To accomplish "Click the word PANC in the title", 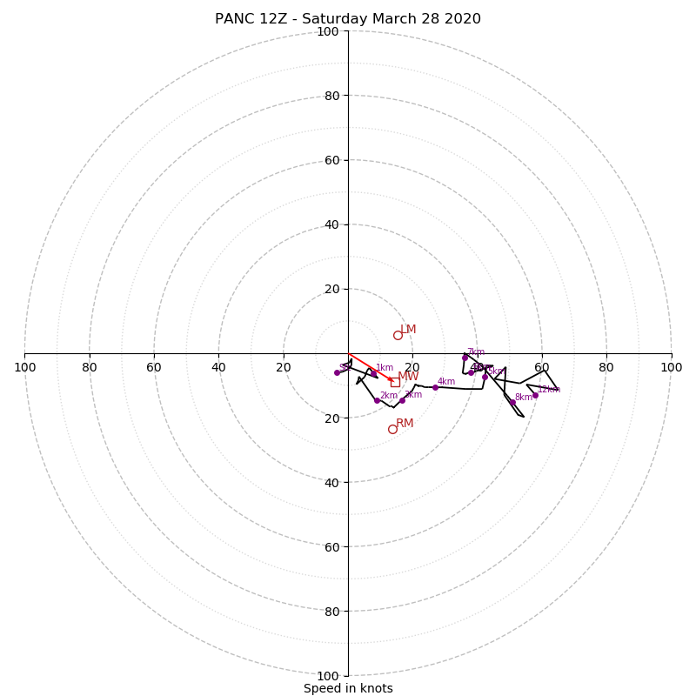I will click(x=235, y=19).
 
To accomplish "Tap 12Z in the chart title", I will click(x=276, y=19).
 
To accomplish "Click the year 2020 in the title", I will click(x=462, y=19).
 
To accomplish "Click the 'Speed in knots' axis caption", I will click(x=348, y=688).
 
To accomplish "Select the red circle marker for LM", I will click(x=398, y=335).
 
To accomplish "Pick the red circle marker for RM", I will click(x=392, y=429).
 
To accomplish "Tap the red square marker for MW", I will click(x=395, y=382).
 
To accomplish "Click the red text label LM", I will click(x=408, y=330).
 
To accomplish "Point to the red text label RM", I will click(x=405, y=424).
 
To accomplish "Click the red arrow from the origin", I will click(x=371, y=368).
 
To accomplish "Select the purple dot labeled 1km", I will click(x=373, y=374).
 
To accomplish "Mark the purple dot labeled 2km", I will click(x=377, y=400).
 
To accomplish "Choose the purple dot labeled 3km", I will click(x=402, y=400).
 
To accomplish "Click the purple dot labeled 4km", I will click(x=435, y=387).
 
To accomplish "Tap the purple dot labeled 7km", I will click(x=465, y=358).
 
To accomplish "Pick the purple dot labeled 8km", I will click(x=512, y=402).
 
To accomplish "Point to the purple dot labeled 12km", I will click(x=535, y=395).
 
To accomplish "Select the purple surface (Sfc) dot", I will click(x=337, y=372).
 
